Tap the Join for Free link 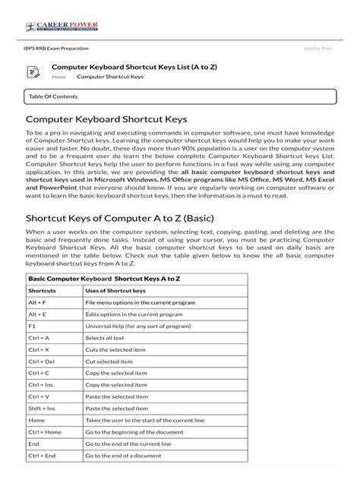(318, 48)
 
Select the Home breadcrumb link (58, 77)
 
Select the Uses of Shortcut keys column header (116, 291)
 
